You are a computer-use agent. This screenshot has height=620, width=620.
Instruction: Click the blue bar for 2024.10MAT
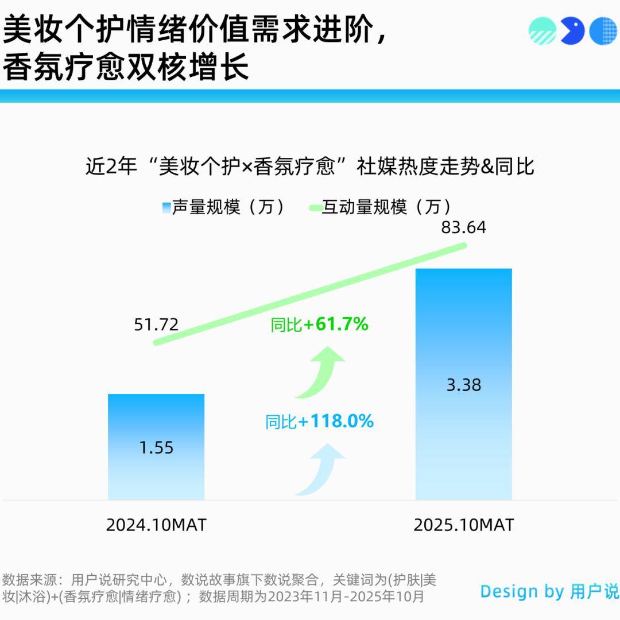pos(156,419)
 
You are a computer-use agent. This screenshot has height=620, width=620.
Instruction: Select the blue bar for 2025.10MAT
pos(463,321)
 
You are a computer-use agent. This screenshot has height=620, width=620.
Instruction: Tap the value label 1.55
pos(156,447)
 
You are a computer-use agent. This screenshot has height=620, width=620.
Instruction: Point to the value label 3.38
pos(463,385)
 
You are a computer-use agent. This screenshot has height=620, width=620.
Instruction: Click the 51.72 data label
pos(156,325)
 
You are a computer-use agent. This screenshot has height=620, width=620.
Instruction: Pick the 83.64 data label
pos(463,228)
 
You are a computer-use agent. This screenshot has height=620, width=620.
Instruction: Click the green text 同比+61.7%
pos(319,325)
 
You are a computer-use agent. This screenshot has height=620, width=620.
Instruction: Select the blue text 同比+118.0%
pos(319,422)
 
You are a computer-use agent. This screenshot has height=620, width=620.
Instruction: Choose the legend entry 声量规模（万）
pos(224,207)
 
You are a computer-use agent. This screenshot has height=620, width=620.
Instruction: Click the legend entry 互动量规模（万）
pos(382,207)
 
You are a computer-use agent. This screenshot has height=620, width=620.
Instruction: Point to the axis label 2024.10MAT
pos(156,525)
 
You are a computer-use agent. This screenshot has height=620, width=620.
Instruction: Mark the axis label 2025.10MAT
pos(463,525)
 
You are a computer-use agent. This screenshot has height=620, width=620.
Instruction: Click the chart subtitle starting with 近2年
pos(310,167)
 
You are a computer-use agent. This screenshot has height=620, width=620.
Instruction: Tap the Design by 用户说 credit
pos(549,591)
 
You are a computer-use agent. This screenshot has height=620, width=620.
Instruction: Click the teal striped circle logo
pos(542,31)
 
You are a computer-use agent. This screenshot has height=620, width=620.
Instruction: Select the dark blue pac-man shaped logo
pos(572,31)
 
